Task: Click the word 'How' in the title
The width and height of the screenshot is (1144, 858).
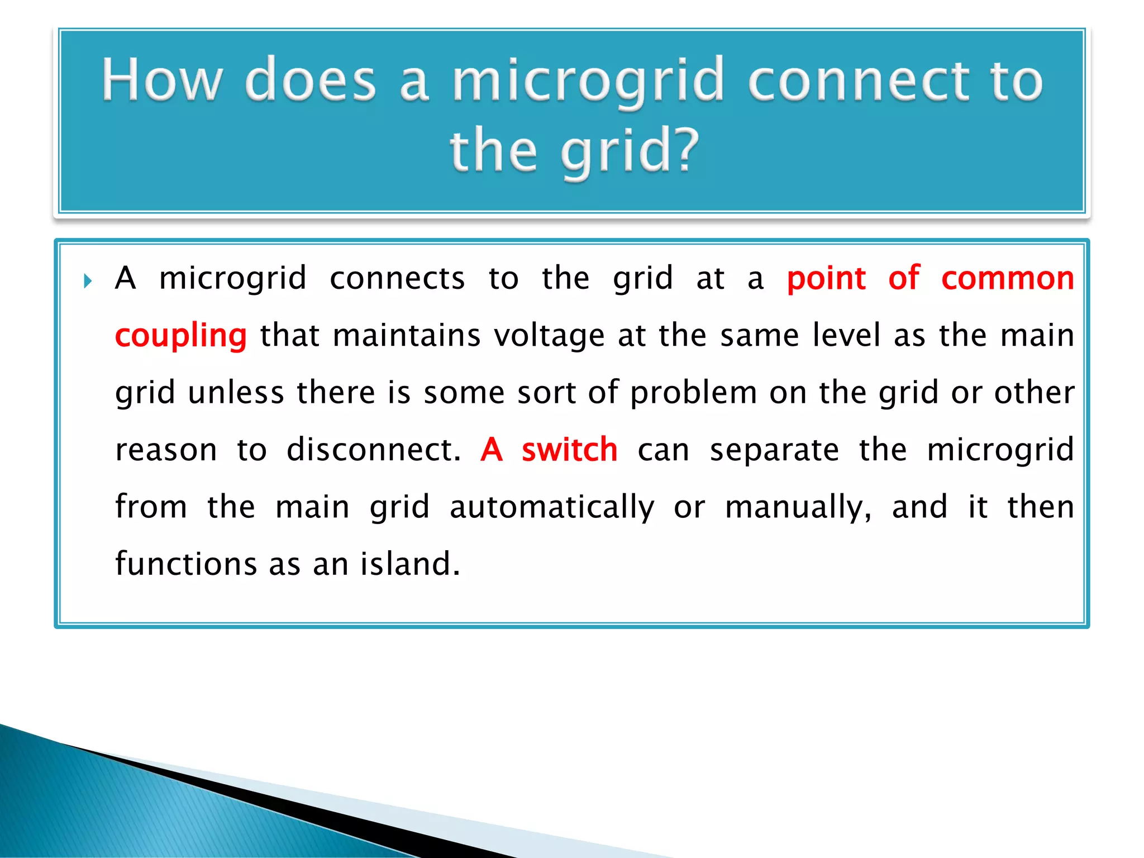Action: click(162, 80)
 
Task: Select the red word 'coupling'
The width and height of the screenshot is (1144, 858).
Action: click(180, 336)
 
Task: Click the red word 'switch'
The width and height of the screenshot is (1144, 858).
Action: click(569, 450)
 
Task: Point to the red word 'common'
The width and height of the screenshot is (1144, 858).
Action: click(1007, 279)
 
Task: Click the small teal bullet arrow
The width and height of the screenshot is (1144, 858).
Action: click(88, 280)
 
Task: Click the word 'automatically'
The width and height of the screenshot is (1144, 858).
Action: click(552, 507)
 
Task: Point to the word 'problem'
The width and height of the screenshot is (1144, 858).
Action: click(693, 393)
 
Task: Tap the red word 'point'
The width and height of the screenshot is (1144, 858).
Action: click(826, 279)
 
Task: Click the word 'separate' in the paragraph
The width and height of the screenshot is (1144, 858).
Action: click(774, 450)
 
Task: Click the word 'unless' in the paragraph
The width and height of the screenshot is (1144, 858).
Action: click(236, 393)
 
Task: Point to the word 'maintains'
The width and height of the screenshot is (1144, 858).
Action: click(406, 336)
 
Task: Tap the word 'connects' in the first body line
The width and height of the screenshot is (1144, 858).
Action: click(397, 279)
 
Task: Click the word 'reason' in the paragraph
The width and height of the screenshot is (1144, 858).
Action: click(166, 450)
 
